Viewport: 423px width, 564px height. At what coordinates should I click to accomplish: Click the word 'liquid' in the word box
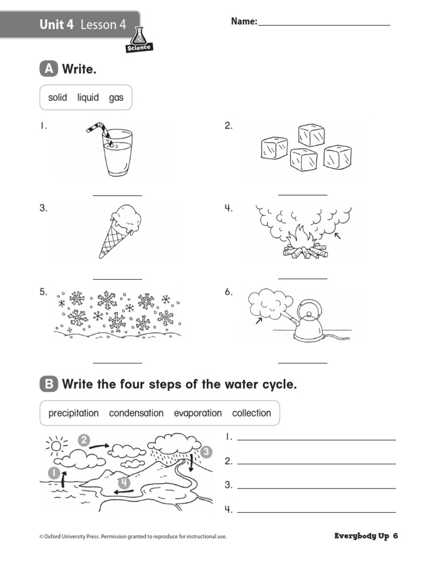click(88, 97)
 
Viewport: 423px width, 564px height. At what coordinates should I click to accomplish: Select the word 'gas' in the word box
click(116, 98)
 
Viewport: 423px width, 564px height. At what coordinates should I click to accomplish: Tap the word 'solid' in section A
click(57, 97)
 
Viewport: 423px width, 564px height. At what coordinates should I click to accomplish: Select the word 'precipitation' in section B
click(73, 413)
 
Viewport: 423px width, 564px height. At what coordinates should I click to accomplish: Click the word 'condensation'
click(136, 413)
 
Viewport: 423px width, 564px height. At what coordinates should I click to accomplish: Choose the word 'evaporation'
click(198, 413)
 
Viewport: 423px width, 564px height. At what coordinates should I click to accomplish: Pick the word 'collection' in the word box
click(252, 413)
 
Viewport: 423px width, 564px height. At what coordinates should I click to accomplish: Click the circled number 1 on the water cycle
click(54, 472)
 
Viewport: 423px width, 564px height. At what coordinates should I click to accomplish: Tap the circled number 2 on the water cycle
click(84, 440)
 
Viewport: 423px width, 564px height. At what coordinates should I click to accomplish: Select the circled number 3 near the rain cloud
click(205, 452)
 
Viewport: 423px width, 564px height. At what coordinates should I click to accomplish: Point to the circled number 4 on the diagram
click(125, 483)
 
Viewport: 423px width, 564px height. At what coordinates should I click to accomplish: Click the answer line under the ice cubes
click(302, 195)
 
